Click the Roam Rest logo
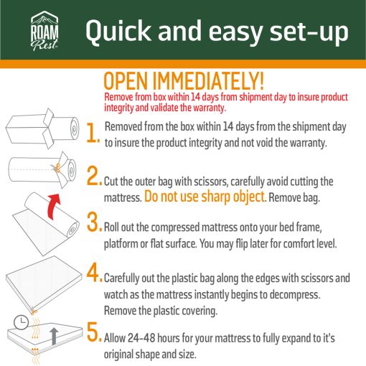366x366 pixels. click(x=44, y=31)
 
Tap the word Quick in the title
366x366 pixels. click(x=118, y=32)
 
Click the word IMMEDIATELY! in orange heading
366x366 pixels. click(x=208, y=80)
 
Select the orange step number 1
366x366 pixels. click(x=93, y=133)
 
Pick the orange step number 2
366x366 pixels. click(x=94, y=176)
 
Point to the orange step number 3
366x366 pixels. click(x=94, y=222)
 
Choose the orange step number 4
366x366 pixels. click(x=94, y=272)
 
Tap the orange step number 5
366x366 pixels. click(x=94, y=332)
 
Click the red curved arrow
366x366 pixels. click(x=53, y=206)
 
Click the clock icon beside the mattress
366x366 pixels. click(x=21, y=322)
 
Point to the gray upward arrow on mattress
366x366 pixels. click(x=54, y=336)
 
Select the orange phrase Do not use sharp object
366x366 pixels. click(x=205, y=197)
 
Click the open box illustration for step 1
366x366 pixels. click(x=29, y=128)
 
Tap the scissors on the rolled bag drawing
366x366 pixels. click(x=57, y=168)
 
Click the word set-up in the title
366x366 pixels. click(x=309, y=32)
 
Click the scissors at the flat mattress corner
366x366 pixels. click(x=33, y=311)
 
